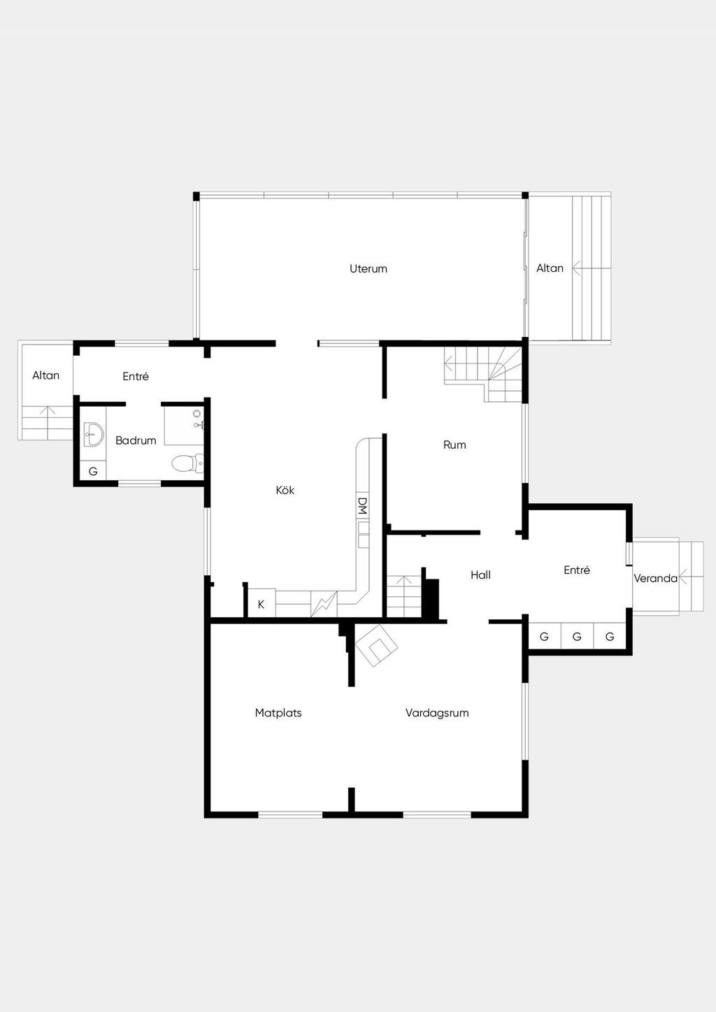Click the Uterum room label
368,269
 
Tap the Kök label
285,490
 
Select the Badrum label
136,440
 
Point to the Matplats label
278,712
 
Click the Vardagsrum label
436,712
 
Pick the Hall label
480,574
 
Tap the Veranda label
655,578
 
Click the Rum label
454,444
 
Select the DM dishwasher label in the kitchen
362,506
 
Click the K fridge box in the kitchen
262,604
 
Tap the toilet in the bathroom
187,463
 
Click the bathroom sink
94,435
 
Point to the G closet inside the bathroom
93,471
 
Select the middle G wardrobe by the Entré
577,637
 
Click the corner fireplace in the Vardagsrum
376,646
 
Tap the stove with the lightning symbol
324,604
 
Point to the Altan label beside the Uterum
550,268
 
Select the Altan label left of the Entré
45,375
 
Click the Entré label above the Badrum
136,376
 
